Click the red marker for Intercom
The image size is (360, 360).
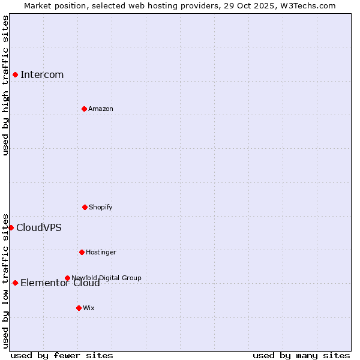15,74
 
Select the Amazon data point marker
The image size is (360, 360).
84,109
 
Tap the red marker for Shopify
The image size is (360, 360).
85,207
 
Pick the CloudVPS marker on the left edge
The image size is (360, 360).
11,227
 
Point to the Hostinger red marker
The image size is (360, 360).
82,252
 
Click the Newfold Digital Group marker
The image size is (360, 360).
67,278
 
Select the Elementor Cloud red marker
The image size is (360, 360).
15,283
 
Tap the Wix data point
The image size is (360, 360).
79,308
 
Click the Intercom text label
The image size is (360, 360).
42,75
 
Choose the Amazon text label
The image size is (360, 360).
101,109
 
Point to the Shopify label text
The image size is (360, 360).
101,208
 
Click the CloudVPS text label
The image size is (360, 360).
38,228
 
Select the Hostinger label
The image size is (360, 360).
101,253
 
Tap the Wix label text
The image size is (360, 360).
89,308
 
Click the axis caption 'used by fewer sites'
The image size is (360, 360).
62,355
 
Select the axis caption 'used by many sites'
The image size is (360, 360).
301,355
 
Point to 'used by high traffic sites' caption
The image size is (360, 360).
5,85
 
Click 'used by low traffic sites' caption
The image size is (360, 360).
5,280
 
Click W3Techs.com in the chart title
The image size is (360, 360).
306,5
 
